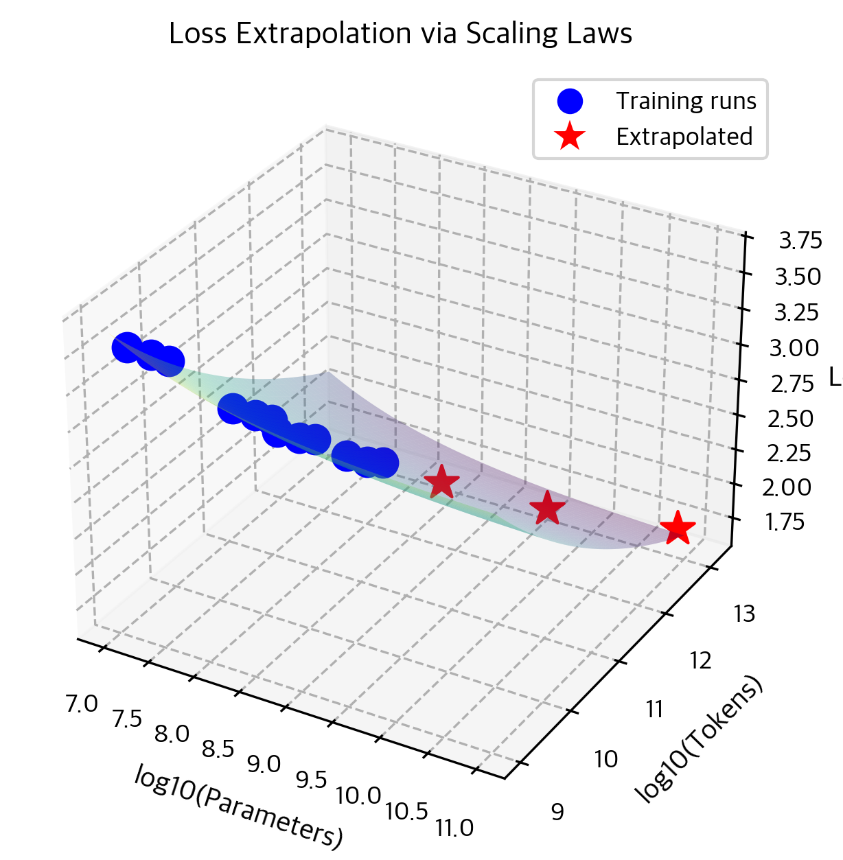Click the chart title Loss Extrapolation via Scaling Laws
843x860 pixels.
(400, 34)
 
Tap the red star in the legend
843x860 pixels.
(570, 137)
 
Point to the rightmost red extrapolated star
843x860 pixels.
(678, 528)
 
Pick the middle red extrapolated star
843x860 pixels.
(547, 509)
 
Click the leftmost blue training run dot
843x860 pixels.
(127, 347)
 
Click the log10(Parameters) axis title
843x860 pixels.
(238, 805)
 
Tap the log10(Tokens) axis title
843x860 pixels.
(700, 739)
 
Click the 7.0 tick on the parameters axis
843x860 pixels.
(82, 704)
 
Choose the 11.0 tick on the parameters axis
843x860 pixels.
(454, 828)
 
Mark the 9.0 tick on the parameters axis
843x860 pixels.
(264, 764)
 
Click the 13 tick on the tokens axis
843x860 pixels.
(744, 614)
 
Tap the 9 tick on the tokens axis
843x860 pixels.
(557, 812)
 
